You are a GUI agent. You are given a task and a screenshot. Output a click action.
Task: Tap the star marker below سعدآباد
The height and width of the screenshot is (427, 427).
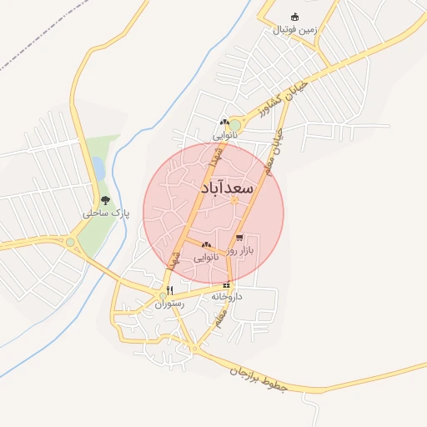coord(234,200)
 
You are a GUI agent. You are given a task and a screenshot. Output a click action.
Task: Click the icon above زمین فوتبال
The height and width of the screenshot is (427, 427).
coord(294,17)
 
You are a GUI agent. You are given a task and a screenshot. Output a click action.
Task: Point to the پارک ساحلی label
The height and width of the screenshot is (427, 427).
coord(101,213)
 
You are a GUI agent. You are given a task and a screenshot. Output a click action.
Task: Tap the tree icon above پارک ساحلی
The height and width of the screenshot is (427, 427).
coord(105,200)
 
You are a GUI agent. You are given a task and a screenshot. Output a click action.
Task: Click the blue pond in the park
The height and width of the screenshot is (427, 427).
coord(99,169)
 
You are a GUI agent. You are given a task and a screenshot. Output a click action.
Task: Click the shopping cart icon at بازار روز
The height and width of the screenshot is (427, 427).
coord(239,239)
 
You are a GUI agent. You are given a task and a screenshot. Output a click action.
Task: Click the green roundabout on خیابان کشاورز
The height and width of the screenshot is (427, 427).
coord(235,125)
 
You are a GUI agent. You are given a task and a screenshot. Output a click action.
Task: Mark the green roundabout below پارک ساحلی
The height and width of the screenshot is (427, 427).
coord(71,243)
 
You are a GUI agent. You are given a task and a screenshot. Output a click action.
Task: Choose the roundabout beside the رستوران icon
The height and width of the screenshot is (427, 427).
coord(163,295)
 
